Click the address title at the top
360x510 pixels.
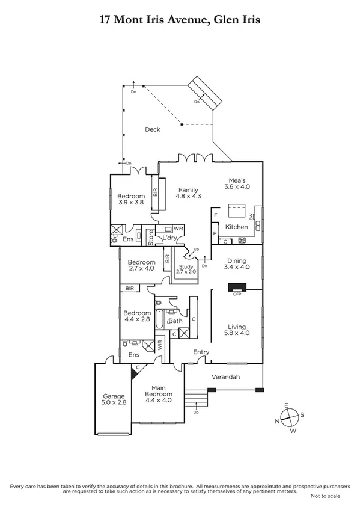pos(180,20)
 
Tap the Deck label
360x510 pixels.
pos(152,129)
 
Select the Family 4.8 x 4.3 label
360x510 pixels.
pos(188,193)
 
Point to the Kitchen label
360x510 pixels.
pos(236,227)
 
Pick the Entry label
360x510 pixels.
pos(200,352)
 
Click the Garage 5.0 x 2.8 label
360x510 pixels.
pos(113,400)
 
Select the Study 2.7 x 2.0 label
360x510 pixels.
pos(186,269)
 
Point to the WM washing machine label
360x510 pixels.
pos(178,229)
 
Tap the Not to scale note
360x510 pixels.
pos(325,496)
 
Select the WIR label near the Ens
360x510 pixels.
pos(160,346)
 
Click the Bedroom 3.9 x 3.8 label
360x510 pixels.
pos(131,200)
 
